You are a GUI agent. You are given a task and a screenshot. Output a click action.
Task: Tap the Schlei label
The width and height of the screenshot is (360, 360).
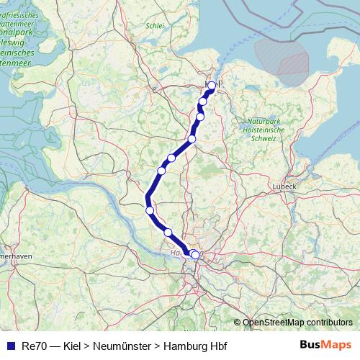click(155, 25)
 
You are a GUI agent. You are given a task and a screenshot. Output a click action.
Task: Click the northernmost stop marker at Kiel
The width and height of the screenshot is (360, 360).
click(212, 86)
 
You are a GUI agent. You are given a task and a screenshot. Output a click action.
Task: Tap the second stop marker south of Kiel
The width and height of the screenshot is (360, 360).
click(200, 117)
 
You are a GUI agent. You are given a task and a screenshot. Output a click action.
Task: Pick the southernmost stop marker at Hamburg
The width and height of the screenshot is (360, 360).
click(195, 255)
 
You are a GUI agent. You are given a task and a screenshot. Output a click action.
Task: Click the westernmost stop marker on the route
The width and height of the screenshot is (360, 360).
click(150, 210)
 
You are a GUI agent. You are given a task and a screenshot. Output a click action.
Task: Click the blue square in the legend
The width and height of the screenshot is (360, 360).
click(10, 346)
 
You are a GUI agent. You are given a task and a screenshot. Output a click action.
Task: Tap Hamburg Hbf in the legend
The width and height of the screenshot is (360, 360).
click(195, 346)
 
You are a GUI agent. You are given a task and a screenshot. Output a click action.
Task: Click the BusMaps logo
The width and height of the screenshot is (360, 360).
click(325, 346)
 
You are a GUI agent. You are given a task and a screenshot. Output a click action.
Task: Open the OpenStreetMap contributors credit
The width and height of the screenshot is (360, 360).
click(297, 323)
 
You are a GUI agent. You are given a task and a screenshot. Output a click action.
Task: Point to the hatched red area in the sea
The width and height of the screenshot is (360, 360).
click(292, 58)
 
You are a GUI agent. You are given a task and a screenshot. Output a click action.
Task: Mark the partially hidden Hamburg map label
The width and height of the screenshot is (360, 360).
click(179, 253)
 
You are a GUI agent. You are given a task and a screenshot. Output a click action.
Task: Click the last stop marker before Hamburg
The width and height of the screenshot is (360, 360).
click(168, 232)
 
